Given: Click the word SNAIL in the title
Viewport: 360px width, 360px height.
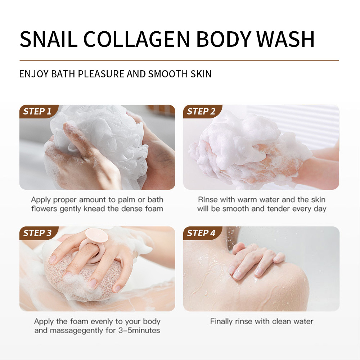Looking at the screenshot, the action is [x=49, y=39].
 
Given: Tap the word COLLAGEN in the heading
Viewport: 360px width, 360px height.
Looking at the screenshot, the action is [x=136, y=39].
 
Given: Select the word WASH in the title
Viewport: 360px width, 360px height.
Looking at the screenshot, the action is [x=285, y=39].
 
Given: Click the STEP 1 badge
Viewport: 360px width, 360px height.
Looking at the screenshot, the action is [x=38, y=112].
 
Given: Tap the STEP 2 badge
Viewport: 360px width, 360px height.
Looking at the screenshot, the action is [x=202, y=112].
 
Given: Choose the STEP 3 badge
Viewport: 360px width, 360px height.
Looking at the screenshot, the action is [x=38, y=233].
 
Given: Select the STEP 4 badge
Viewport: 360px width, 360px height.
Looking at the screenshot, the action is [x=202, y=233].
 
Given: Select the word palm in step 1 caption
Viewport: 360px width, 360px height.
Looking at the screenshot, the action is [x=126, y=200].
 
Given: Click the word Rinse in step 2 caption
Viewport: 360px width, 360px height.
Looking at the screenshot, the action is [x=208, y=199].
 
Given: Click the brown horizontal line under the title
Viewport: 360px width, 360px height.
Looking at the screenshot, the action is [x=179, y=60].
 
